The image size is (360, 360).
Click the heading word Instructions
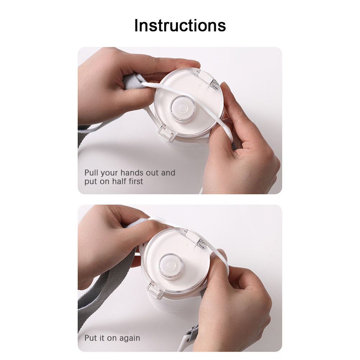[x=180, y=25]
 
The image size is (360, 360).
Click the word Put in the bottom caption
[x=91, y=338]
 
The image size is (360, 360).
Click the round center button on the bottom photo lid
[x=170, y=266]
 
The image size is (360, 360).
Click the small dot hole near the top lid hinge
[x=201, y=85]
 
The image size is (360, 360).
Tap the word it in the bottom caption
[x=102, y=338]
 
